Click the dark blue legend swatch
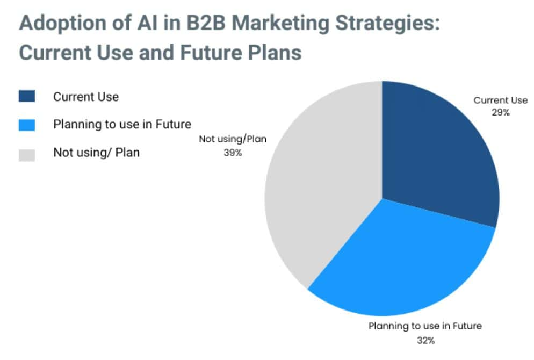[x=26, y=97]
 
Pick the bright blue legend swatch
[x=26, y=125]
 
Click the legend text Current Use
[x=86, y=97]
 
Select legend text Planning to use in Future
[x=122, y=125]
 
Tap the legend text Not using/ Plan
[x=96, y=153]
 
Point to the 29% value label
[x=500, y=112]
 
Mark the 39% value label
[x=233, y=152]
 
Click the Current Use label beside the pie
[x=500, y=100]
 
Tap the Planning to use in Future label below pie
[x=425, y=326]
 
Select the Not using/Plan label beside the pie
[x=233, y=139]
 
